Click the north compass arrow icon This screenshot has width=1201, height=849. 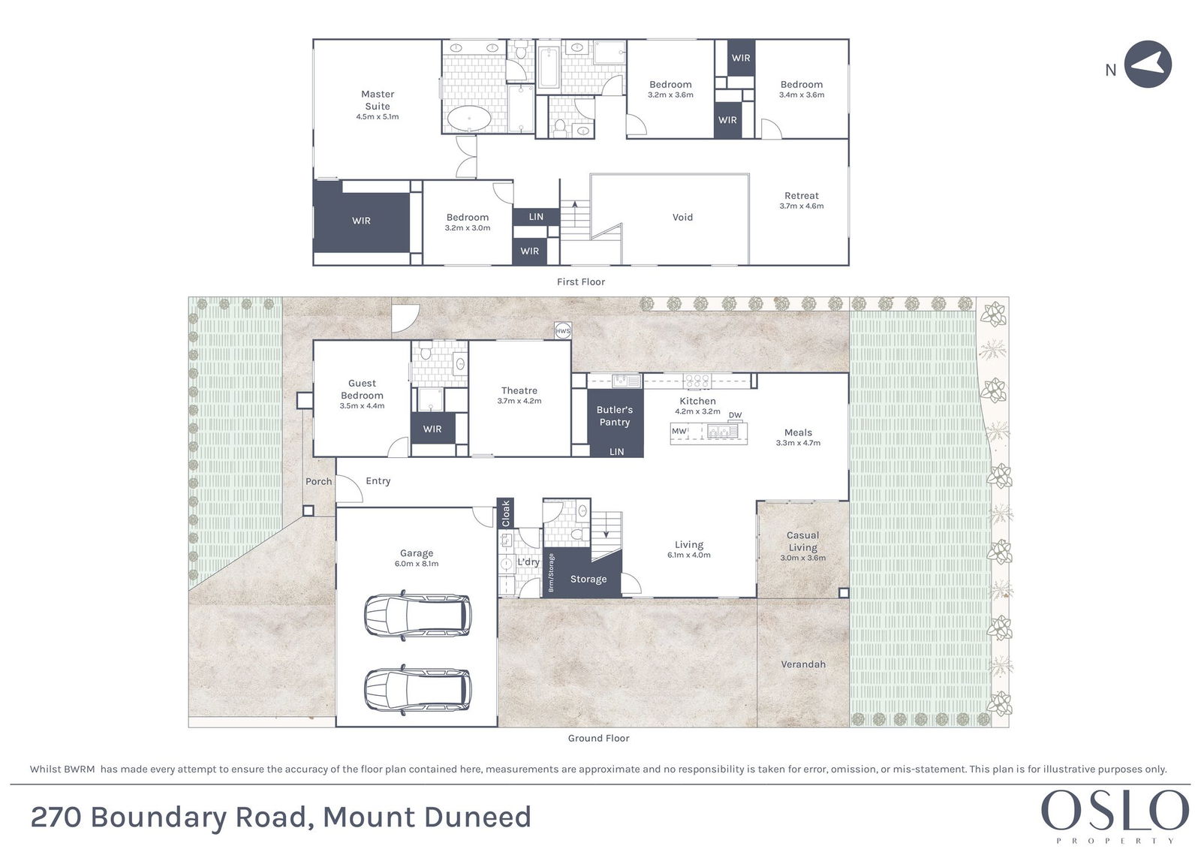tap(1148, 65)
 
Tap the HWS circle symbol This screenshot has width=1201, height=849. tap(562, 331)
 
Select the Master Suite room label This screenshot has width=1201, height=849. tap(378, 101)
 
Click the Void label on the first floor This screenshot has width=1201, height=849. tap(682, 217)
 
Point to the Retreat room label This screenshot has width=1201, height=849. tap(802, 196)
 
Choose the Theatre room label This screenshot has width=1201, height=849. tap(519, 390)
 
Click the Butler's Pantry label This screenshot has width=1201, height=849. tap(615, 416)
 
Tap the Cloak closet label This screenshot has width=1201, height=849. tap(505, 513)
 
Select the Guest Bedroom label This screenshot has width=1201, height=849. tap(362, 390)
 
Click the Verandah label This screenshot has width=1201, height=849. tap(802, 664)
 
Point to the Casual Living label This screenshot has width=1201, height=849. tap(802, 541)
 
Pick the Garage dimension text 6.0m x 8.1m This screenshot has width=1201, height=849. tap(417, 564)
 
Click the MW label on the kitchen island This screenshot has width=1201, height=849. tap(679, 431)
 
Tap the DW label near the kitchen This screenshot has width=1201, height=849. tap(735, 415)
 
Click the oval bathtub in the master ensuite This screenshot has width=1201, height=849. tap(468, 118)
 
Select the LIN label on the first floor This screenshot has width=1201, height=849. tap(536, 217)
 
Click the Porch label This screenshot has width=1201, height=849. tap(318, 482)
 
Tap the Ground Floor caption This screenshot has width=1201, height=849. tap(598, 738)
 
